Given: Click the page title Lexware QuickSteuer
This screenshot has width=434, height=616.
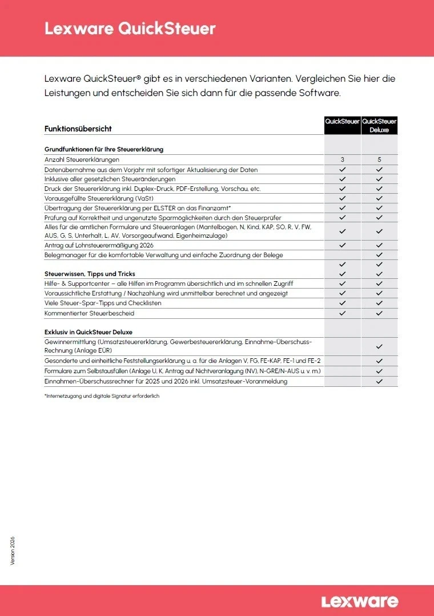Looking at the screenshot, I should coord(130,29).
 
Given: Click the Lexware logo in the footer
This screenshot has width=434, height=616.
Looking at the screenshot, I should coord(359,601).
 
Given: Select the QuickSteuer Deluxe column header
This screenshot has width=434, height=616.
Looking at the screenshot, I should coord(379,126).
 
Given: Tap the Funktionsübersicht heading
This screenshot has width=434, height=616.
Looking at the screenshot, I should coord(78,129).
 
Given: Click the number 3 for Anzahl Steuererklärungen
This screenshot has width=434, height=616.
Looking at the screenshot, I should coord(343,160).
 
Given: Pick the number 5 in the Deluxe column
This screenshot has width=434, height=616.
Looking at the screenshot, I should coord(379,160).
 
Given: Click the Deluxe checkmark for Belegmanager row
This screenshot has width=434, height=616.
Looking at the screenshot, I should coord(379,255).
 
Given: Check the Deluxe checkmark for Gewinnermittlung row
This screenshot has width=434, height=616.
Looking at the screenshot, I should coord(379,346).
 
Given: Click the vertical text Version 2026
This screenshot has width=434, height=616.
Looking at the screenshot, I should coord(13,551).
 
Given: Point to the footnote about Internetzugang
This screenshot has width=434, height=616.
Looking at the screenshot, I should coord(102,396).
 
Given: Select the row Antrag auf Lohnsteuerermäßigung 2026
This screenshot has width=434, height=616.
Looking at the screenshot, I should coord(99,245).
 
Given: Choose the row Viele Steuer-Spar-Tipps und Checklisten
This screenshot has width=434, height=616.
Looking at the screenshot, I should coord(103,303).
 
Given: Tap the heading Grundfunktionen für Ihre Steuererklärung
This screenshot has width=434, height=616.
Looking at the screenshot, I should coord(104,149).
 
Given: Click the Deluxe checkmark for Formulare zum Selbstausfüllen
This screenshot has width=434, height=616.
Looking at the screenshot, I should coord(379,371).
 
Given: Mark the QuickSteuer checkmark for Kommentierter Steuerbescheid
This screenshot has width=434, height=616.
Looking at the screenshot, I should coord(343,313).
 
